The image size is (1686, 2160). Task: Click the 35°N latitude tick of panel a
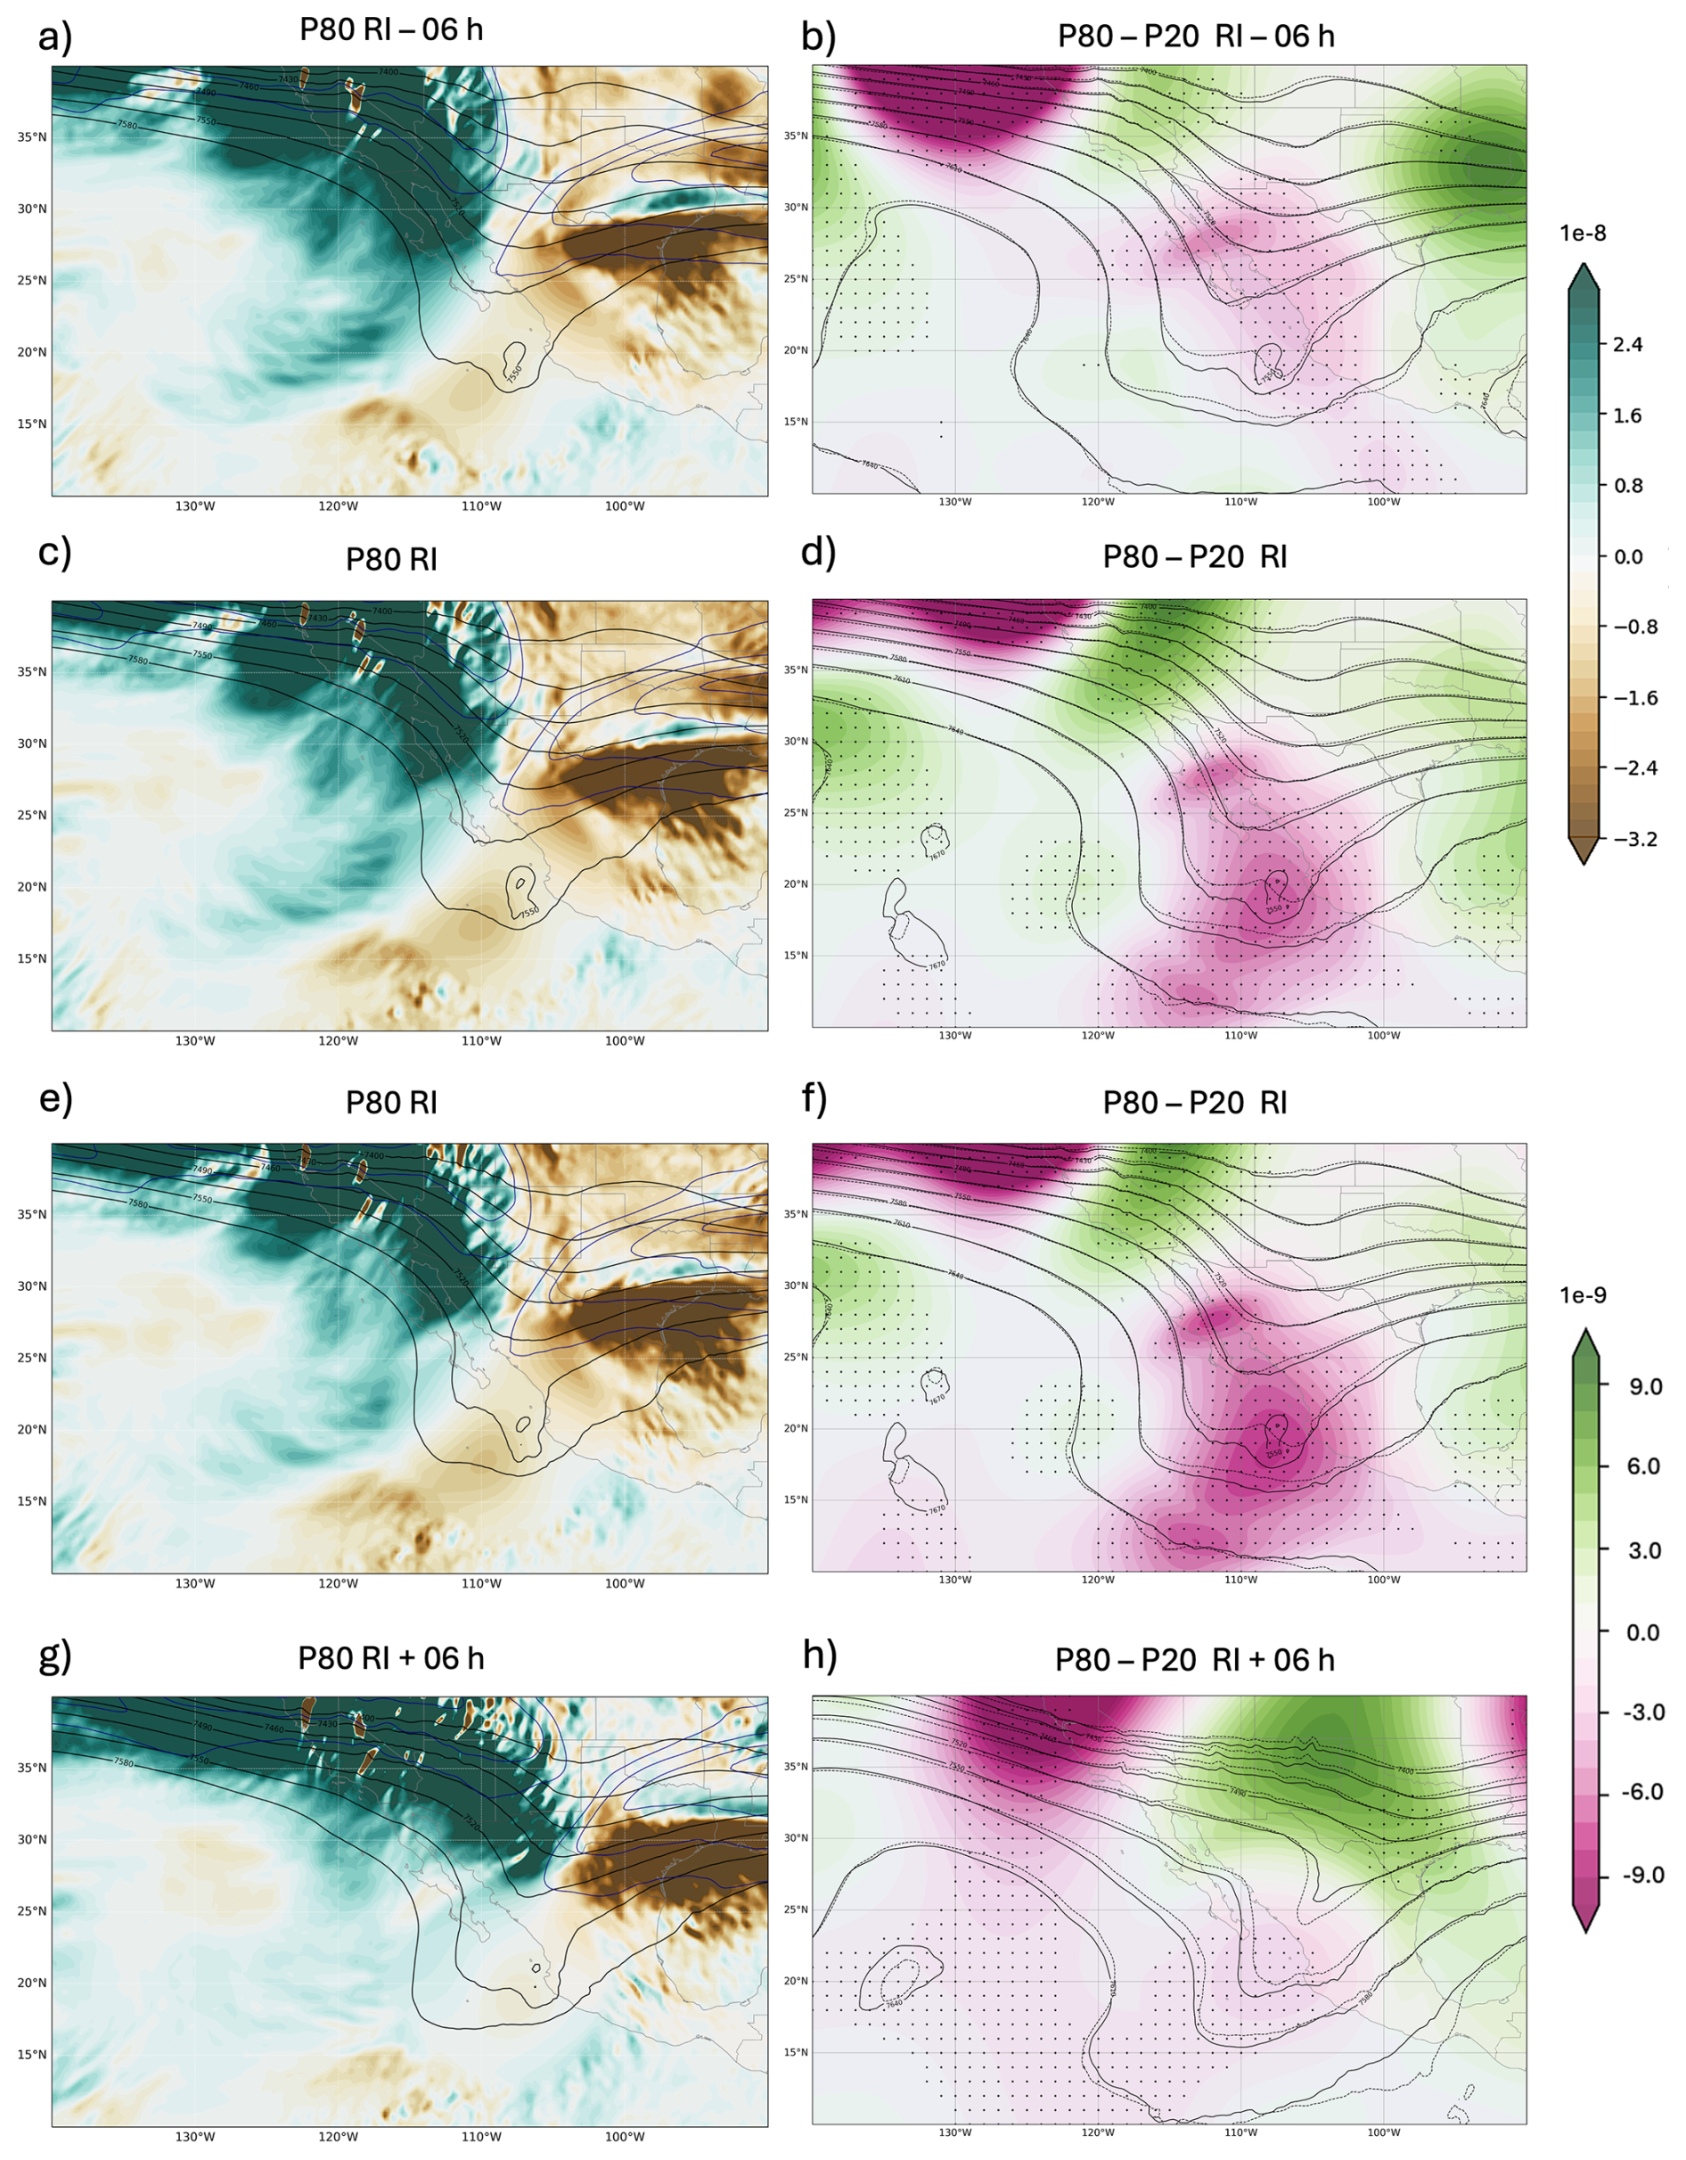pos(32,137)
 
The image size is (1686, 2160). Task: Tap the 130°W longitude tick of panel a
pos(195,506)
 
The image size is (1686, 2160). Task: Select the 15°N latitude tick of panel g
pos(32,2054)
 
